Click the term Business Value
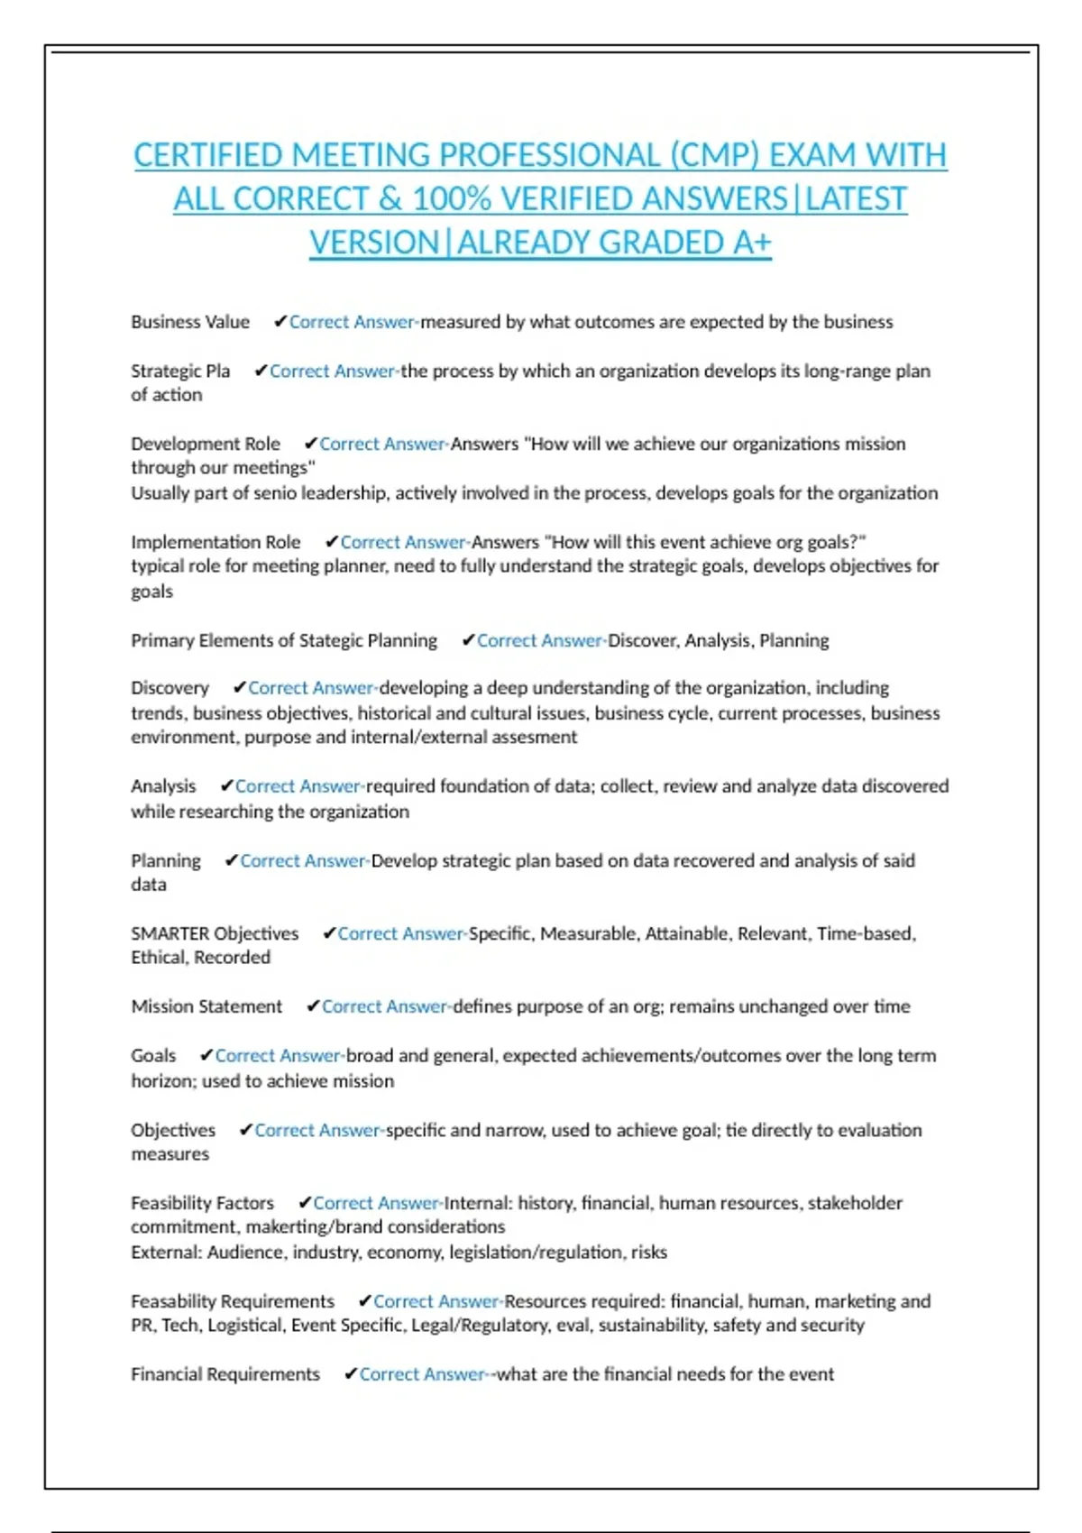click(190, 322)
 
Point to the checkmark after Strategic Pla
click(261, 371)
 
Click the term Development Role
click(206, 444)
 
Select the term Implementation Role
click(215, 542)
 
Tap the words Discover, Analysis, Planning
click(718, 640)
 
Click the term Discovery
click(170, 688)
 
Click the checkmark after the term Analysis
click(226, 786)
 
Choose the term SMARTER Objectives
click(215, 933)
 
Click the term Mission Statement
click(206, 1006)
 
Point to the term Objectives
click(173, 1130)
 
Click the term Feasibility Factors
click(202, 1203)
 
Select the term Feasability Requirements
click(233, 1301)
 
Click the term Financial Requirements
click(225, 1374)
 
